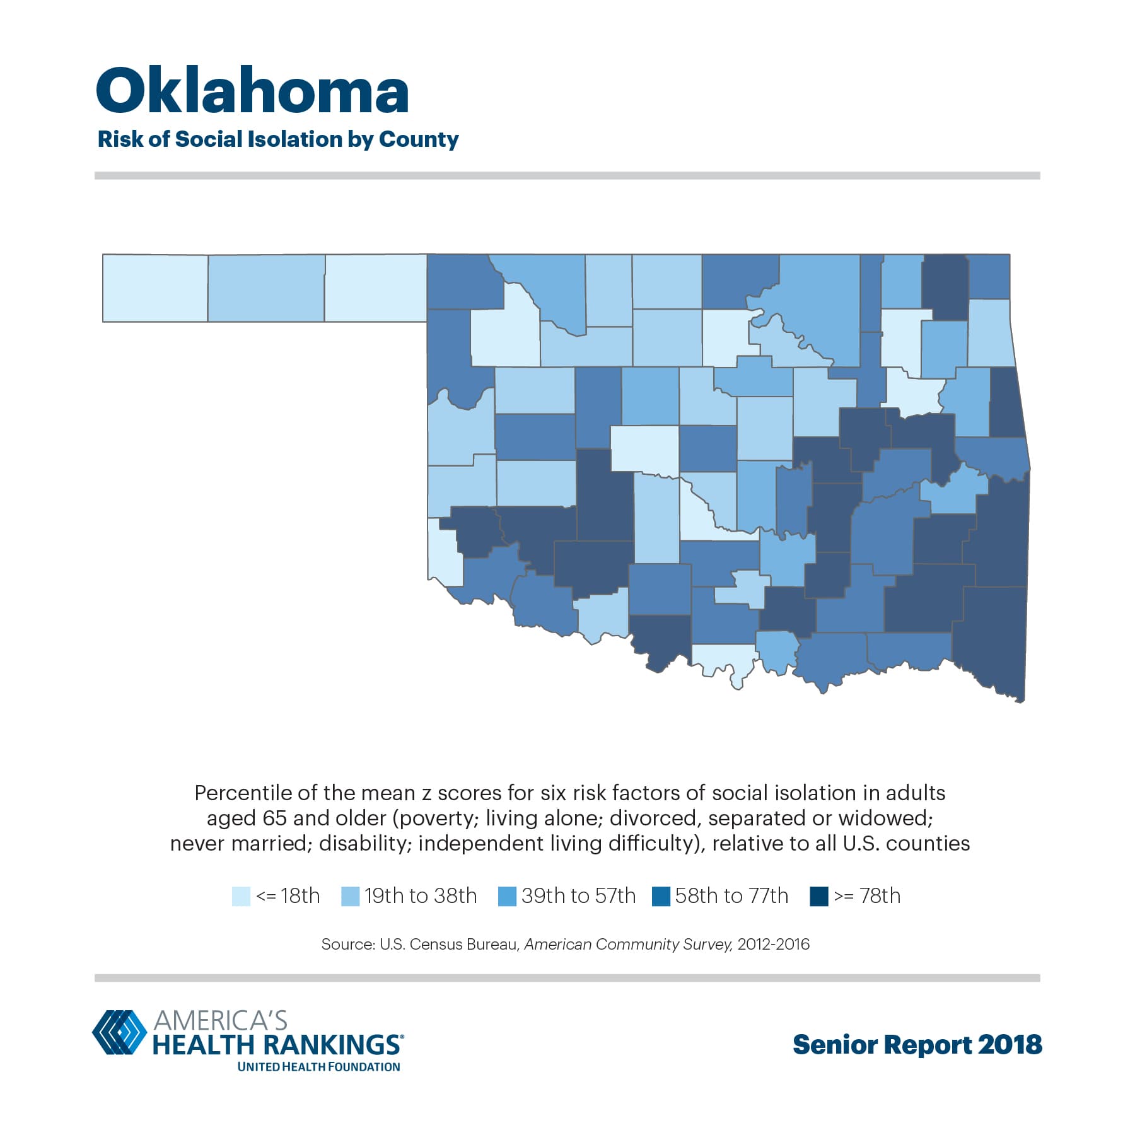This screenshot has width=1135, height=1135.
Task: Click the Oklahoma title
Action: [x=252, y=91]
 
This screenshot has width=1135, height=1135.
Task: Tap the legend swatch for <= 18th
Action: [x=241, y=896]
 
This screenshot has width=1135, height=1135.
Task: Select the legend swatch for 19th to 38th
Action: [x=350, y=896]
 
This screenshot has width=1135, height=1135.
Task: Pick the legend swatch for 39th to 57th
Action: [x=507, y=896]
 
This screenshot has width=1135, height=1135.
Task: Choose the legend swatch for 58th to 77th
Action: [x=661, y=896]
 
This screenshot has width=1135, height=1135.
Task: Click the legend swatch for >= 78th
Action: [x=818, y=896]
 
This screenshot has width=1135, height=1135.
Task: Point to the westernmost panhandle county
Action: [x=155, y=288]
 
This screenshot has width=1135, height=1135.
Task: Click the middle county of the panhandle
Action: [x=266, y=288]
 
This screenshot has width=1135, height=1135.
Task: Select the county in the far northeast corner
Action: [x=989, y=276]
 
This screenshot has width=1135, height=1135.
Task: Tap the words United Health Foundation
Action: [x=318, y=1067]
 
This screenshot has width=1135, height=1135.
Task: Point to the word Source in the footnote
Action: [x=347, y=945]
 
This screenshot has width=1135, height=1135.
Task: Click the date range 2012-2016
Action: [x=773, y=945]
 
